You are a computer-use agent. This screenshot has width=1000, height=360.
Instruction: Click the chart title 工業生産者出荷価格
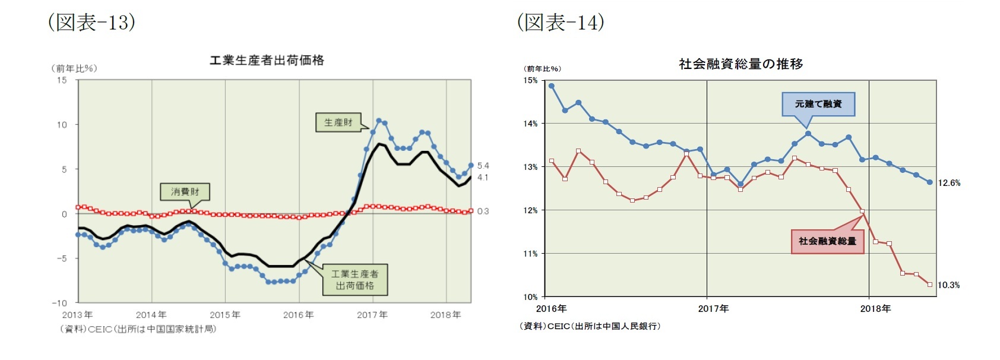pyautogui.click(x=267, y=61)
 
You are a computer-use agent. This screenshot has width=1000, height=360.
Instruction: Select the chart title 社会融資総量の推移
pyautogui.click(x=740, y=64)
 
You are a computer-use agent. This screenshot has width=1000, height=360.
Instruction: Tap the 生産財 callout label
pyautogui.click(x=338, y=122)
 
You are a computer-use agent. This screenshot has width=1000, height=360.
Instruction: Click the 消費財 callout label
pyautogui.click(x=185, y=192)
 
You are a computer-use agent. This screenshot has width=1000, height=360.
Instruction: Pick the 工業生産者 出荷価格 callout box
pyautogui.click(x=355, y=280)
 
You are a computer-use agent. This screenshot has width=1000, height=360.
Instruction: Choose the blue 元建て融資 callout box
pyautogui.click(x=818, y=104)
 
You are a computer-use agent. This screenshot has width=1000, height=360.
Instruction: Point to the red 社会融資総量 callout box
pyautogui.click(x=827, y=241)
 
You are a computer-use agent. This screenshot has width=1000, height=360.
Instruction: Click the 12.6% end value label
pyautogui.click(x=949, y=183)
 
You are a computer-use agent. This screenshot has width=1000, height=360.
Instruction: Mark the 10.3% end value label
pyautogui.click(x=948, y=285)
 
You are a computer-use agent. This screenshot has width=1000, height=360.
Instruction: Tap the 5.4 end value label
pyautogui.click(x=483, y=166)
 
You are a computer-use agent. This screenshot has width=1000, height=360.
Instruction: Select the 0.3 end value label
pyautogui.click(x=483, y=211)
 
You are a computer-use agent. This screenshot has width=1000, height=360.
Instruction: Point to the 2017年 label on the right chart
pyautogui.click(x=713, y=309)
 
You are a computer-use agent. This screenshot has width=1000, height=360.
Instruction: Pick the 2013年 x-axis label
pyautogui.click(x=77, y=315)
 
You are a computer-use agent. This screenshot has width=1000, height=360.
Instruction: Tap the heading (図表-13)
pyautogui.click(x=91, y=23)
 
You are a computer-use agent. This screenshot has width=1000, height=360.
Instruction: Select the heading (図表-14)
pyautogui.click(x=561, y=23)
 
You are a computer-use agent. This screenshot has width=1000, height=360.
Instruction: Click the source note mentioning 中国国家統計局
pyautogui.click(x=138, y=329)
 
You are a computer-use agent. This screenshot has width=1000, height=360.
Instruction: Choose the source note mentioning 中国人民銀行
pyautogui.click(x=590, y=326)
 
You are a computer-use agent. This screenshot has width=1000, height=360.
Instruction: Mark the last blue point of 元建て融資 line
pyautogui.click(x=930, y=182)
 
